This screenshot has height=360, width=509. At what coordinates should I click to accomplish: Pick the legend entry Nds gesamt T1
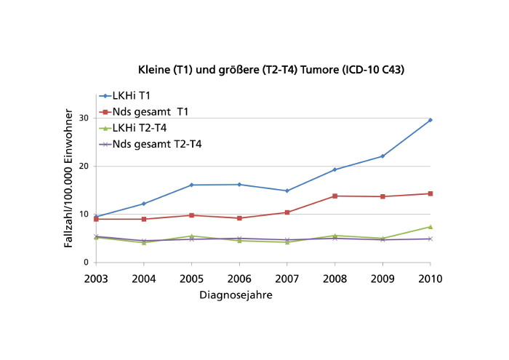(151, 112)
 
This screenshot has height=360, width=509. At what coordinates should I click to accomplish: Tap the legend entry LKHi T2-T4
(141, 128)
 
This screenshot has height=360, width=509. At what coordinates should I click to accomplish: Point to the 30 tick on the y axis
(84, 118)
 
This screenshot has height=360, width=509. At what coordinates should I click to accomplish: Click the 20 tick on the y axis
(84, 166)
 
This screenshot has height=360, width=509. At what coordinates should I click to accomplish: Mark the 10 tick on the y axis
(84, 215)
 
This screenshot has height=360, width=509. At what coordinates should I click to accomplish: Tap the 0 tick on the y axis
(87, 263)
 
